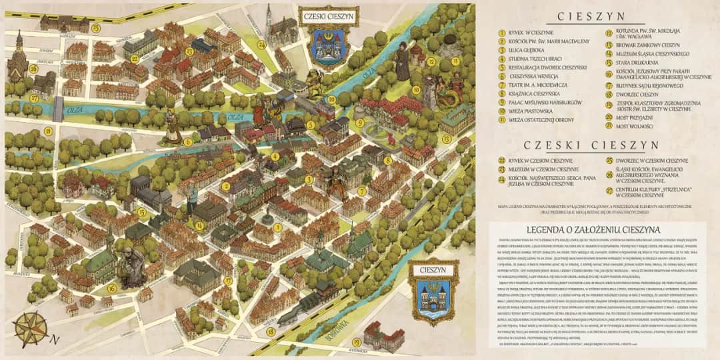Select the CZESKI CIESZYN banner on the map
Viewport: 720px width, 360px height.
pos(329,14)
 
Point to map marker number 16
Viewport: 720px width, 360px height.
pos(111,288)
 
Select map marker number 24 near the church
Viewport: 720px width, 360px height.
pos(261,45)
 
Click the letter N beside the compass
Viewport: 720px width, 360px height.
pos(55,340)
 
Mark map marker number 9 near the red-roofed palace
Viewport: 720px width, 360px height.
pos(359,123)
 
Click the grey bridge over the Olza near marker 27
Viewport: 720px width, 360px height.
pos(58,109)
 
